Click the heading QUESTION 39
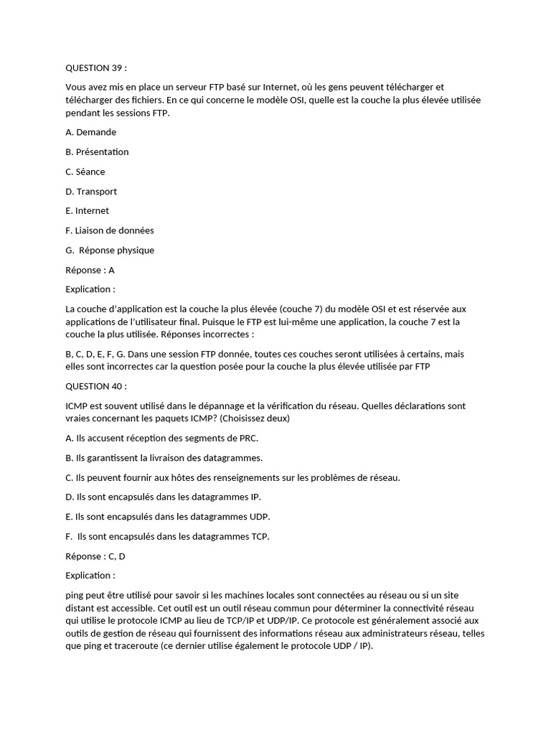click(95, 68)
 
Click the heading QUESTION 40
click(95, 386)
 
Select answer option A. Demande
click(90, 132)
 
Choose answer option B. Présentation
click(97, 151)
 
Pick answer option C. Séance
click(85, 172)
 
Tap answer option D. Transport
click(91, 192)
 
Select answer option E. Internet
click(87, 211)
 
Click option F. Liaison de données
click(109, 230)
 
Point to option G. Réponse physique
click(110, 251)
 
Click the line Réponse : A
click(90, 270)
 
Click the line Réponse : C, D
click(95, 556)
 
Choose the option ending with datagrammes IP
click(163, 497)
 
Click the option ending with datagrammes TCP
click(167, 536)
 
